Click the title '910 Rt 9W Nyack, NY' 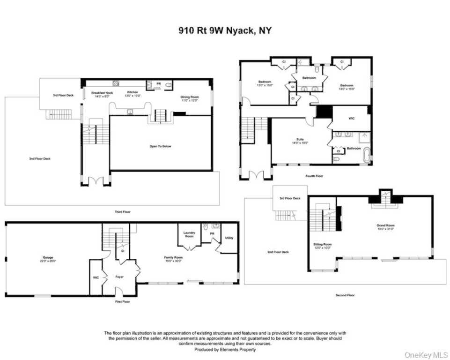(225, 31)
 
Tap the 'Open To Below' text (160, 146)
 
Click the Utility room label (229, 238)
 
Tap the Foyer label (119, 277)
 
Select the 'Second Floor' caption (345, 295)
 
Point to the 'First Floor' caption (122, 301)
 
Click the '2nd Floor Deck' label (278, 252)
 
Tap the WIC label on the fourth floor (352, 118)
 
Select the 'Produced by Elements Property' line (225, 349)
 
